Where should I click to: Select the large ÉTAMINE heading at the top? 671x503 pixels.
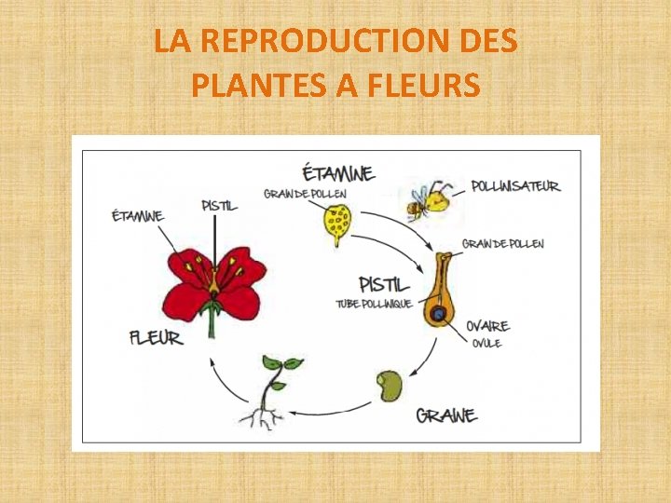(338, 173)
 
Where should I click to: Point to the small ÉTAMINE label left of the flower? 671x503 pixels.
(137, 217)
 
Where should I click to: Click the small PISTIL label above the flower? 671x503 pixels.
(219, 205)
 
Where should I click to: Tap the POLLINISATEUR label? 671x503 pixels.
(515, 186)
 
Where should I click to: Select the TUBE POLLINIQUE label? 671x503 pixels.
(374, 305)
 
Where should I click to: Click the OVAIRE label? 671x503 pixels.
(487, 326)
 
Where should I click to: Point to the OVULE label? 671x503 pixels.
(486, 344)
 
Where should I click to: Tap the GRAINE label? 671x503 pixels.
(446, 415)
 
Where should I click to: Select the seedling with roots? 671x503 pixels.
(271, 391)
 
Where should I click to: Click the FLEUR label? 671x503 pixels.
(156, 336)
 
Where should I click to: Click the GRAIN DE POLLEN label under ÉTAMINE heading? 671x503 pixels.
(306, 194)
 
